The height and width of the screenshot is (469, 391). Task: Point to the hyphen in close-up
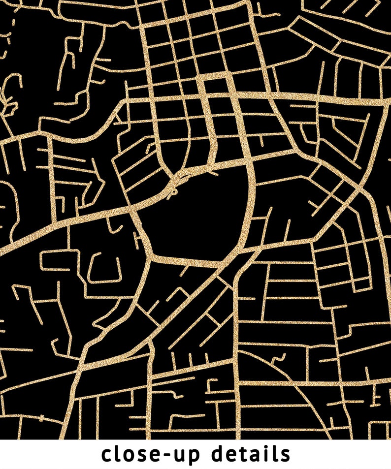click(164, 455)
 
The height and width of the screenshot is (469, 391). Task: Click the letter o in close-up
click(130, 455)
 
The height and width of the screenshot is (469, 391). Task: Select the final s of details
click(285, 455)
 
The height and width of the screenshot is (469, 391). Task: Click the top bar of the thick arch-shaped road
click(214, 75)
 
